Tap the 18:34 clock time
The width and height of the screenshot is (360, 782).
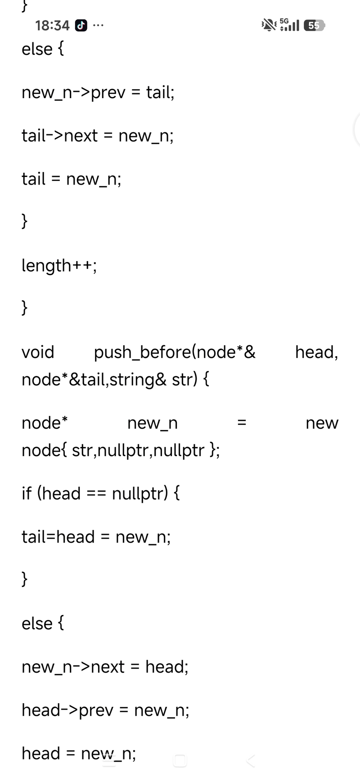52,26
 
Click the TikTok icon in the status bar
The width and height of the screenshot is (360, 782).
81,26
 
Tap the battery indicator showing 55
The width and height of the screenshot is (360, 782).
314,26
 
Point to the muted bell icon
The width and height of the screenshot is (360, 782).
269,25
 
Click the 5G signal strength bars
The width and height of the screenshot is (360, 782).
289,25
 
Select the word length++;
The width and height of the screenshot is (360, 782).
59,266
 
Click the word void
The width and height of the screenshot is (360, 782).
38,352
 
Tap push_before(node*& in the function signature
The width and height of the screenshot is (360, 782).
175,353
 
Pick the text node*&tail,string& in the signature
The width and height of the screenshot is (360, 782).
94,380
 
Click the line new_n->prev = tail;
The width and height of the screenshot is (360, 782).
98,93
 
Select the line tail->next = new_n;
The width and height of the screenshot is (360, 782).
98,136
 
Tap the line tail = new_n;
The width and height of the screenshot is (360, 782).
72,179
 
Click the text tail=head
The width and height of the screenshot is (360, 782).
58,537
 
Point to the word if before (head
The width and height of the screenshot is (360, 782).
27,493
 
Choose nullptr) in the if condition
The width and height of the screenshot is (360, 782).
140,494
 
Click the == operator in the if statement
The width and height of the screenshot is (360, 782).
96,494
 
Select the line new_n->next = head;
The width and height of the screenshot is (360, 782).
105,667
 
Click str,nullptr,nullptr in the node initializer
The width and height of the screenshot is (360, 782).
139,450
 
